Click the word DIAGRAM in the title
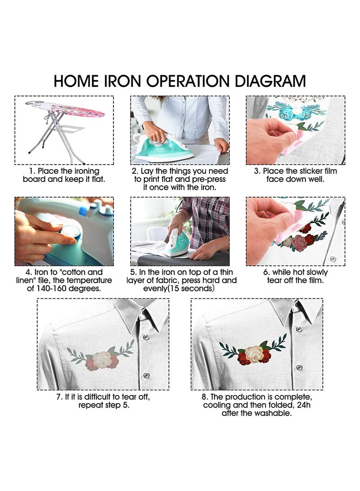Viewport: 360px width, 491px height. click(x=270, y=81)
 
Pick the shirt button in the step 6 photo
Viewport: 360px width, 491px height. click(x=333, y=259)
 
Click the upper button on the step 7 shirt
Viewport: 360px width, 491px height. click(x=145, y=338)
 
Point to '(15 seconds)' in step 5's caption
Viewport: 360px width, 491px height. click(x=191, y=288)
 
